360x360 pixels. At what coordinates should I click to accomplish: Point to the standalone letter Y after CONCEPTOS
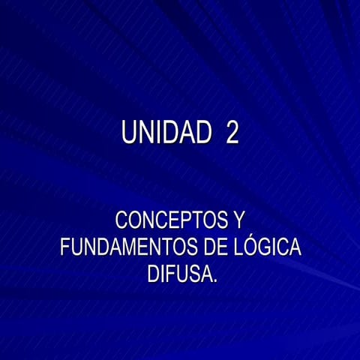[238, 222]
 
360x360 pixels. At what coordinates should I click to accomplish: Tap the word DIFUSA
[178, 272]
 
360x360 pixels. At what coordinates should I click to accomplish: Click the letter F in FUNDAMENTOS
[64, 247]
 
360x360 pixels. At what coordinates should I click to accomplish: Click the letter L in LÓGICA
[235, 247]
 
